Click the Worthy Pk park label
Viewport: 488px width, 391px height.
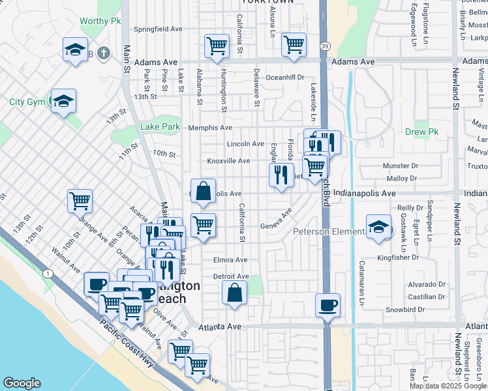coord(100,21)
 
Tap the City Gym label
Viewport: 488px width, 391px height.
coord(27,102)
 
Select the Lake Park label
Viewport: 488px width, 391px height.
coord(160,127)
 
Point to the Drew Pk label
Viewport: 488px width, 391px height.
coord(425,132)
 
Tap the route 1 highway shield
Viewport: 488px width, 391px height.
coord(48,274)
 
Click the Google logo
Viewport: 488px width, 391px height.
coord(22,383)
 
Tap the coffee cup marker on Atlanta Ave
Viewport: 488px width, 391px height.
coord(327,304)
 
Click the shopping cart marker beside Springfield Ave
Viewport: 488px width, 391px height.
coord(217,46)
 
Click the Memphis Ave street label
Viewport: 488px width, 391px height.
coord(210,128)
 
